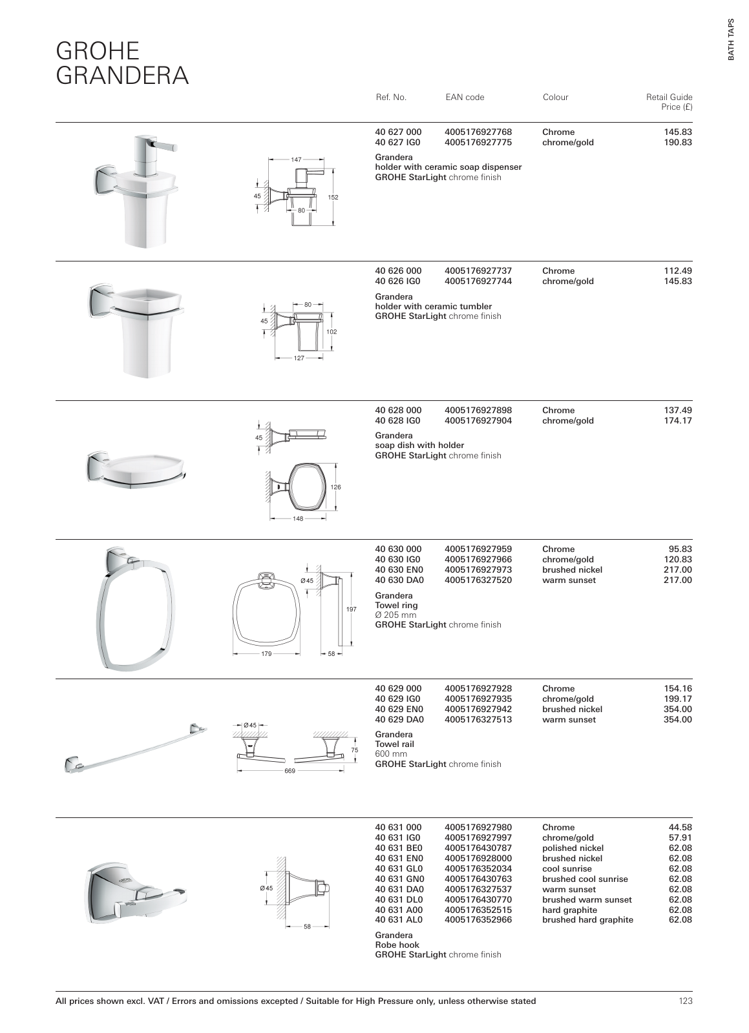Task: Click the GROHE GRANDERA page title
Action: click(122, 63)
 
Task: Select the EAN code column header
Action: click(464, 97)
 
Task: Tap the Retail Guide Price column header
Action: click(669, 102)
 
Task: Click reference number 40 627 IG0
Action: click(398, 143)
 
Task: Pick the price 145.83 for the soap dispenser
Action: click(678, 132)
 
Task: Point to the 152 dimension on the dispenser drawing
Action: click(334, 198)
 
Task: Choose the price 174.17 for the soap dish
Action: click(678, 421)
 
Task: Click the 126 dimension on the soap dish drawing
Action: click(335, 487)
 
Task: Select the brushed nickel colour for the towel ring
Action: click(572, 570)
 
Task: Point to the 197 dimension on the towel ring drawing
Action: click(352, 609)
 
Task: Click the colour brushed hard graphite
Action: click(587, 920)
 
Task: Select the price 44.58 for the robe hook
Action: click(680, 827)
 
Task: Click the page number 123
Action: click(685, 1001)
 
